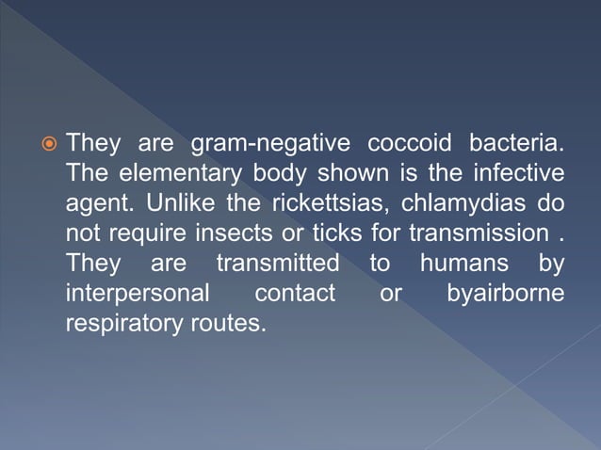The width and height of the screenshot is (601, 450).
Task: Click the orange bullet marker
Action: [47, 147]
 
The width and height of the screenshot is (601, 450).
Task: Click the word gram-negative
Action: [272, 145]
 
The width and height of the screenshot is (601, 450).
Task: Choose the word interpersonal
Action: [138, 293]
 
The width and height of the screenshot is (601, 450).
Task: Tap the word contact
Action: [295, 293]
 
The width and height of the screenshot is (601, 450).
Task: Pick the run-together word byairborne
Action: [506, 294]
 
